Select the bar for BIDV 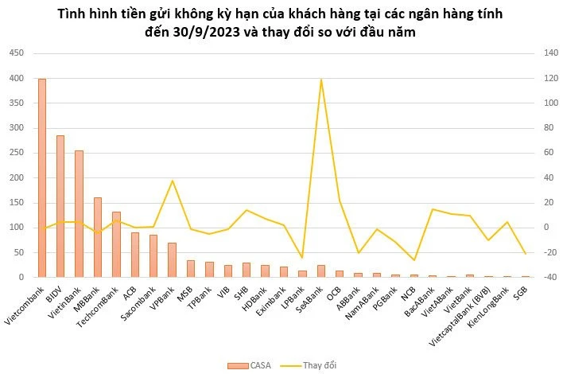(60, 206)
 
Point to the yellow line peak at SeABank (320, 80)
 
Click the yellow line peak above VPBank (173, 181)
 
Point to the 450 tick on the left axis (16, 53)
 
